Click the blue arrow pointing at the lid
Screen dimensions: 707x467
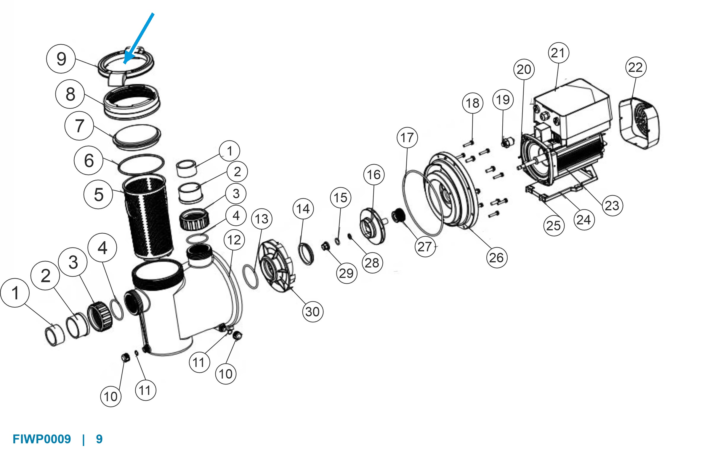tap(139, 38)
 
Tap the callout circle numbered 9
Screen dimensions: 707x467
tap(61, 59)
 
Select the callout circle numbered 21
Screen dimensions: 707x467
tap(559, 53)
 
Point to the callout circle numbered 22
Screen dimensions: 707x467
tap(636, 67)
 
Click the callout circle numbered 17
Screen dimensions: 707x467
tap(407, 137)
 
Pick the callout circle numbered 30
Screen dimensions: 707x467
tap(312, 311)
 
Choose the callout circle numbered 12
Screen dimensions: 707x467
tap(234, 240)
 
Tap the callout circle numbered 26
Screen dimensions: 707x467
tap(496, 258)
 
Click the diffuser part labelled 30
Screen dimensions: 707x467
tap(277, 267)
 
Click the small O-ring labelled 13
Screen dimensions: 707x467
tap(251, 277)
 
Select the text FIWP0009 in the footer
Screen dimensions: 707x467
tap(42, 439)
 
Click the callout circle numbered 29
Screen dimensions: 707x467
tap(346, 273)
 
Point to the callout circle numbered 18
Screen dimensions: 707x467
tap(473, 103)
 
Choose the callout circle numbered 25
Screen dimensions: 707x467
tap(554, 225)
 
